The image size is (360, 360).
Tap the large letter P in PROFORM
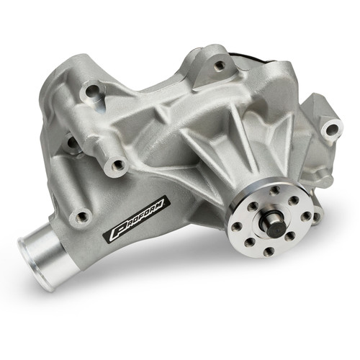[115, 233]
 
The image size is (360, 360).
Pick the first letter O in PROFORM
[130, 222]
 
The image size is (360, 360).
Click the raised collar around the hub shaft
[270, 216]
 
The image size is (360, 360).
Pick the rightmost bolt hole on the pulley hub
[307, 214]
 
